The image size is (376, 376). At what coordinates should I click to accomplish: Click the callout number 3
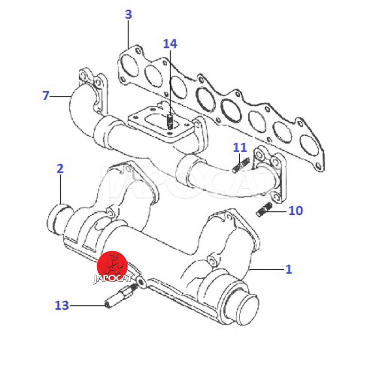click(x=128, y=15)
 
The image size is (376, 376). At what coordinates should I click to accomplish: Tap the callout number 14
click(x=170, y=44)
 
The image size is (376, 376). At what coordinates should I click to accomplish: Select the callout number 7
click(x=46, y=95)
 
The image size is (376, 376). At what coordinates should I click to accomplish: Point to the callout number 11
click(x=240, y=148)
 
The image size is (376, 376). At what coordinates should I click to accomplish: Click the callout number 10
click(x=296, y=211)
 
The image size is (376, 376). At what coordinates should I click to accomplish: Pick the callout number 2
click(x=60, y=169)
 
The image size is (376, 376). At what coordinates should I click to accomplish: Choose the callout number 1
click(x=289, y=269)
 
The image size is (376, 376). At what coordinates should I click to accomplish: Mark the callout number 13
click(x=62, y=305)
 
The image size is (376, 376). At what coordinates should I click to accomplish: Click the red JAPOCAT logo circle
click(x=112, y=266)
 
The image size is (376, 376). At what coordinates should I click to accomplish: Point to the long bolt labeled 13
click(x=121, y=295)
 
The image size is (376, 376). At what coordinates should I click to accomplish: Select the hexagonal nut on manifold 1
click(x=211, y=261)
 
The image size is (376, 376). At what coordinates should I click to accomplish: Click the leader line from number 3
click(x=128, y=34)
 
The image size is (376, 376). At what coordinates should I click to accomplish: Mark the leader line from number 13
click(x=87, y=305)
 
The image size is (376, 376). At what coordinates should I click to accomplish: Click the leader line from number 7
click(x=61, y=96)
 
